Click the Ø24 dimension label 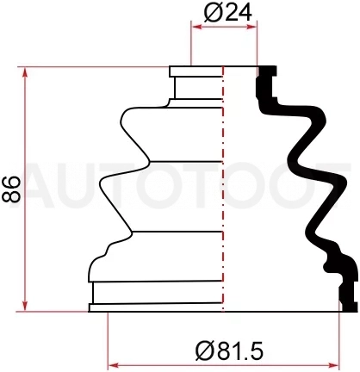[x=228, y=13]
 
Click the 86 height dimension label [x=11, y=189]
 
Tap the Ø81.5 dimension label [x=229, y=350]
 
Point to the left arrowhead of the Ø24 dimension [x=196, y=27]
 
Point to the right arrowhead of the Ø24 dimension [x=251, y=27]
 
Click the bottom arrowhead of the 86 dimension [x=25, y=306]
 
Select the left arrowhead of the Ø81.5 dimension [x=113, y=365]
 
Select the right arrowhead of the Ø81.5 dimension [x=333, y=365]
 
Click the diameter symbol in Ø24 [x=213, y=13]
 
